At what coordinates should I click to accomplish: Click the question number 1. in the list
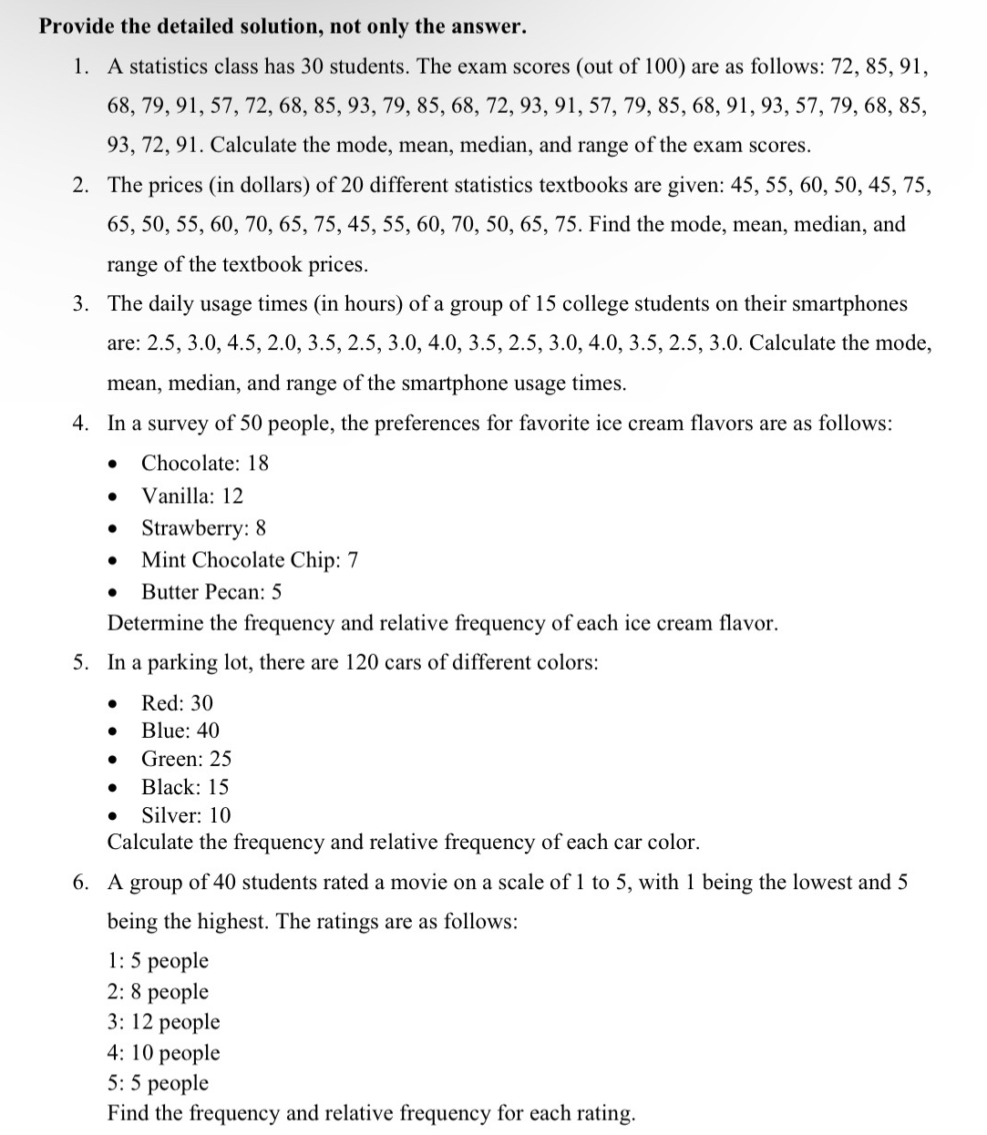pyautogui.click(x=82, y=66)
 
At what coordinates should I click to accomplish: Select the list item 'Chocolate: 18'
pyautogui.click(x=205, y=463)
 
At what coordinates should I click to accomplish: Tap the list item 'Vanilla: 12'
pyautogui.click(x=192, y=496)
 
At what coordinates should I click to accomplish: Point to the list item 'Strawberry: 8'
pyautogui.click(x=203, y=527)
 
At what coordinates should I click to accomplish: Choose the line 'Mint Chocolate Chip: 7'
pyautogui.click(x=250, y=559)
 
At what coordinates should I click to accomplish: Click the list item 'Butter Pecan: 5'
pyautogui.click(x=211, y=592)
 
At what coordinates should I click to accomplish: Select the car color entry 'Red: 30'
pyautogui.click(x=177, y=702)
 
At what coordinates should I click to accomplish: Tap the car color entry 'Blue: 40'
pyautogui.click(x=180, y=731)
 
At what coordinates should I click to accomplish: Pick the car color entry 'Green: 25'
pyautogui.click(x=186, y=759)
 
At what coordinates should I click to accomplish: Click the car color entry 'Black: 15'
pyautogui.click(x=185, y=787)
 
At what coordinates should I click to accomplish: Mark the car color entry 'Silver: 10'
pyautogui.click(x=186, y=815)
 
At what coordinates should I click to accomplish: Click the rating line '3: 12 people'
pyautogui.click(x=164, y=1022)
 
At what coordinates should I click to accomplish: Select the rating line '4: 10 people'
pyautogui.click(x=164, y=1053)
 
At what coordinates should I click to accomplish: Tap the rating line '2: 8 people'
pyautogui.click(x=158, y=992)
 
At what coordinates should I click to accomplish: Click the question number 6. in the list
pyautogui.click(x=82, y=882)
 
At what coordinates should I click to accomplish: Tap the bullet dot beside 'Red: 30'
pyautogui.click(x=113, y=703)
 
